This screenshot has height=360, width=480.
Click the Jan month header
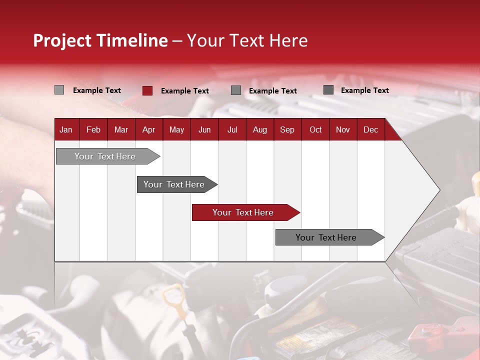pyautogui.click(x=66, y=130)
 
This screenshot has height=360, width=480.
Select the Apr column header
pyautogui.click(x=148, y=130)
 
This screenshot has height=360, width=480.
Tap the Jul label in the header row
pyautogui.click(x=232, y=130)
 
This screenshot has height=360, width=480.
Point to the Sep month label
pyautogui.click(x=287, y=130)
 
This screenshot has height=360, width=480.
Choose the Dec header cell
pyautogui.click(x=370, y=130)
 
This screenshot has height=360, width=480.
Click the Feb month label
pyautogui.click(x=93, y=130)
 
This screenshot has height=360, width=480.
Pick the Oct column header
pyautogui.click(x=315, y=130)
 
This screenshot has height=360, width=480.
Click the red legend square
pyautogui.click(x=147, y=90)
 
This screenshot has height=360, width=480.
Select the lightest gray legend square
pyautogui.click(x=59, y=90)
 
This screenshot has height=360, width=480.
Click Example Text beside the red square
pyautogui.click(x=184, y=91)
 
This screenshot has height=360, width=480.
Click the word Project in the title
pyautogui.click(x=62, y=40)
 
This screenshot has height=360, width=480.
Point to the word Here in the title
pyautogui.click(x=288, y=40)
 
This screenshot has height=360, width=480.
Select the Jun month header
pyautogui.click(x=204, y=130)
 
